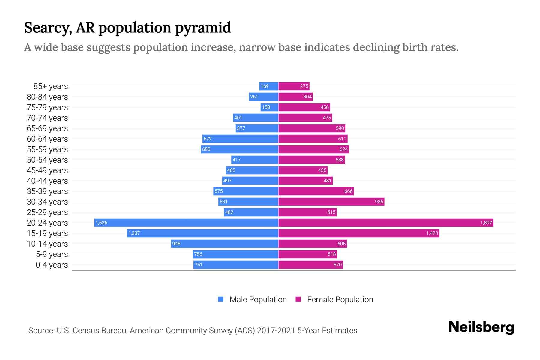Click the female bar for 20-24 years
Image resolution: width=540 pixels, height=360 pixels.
385,223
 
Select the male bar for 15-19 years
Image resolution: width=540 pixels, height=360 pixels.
202,233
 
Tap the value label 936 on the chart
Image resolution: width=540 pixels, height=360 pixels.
379,202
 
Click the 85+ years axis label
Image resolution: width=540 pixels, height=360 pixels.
50,86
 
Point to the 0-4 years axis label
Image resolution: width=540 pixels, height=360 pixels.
52,265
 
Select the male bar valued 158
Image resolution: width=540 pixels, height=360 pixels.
269,107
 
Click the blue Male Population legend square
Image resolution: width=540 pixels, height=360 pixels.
221,299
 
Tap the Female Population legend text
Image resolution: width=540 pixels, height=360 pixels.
340,300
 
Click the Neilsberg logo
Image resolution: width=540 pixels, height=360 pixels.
481,327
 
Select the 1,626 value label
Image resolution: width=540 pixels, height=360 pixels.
101,223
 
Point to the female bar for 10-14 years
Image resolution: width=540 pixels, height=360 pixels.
313,244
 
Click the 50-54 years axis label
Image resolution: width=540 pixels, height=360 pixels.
47,160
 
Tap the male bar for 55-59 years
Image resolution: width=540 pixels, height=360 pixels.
239,149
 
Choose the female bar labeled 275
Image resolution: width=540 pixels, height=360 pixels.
294,86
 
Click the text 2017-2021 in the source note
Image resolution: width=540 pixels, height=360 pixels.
276,331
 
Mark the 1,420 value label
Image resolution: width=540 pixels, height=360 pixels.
432,233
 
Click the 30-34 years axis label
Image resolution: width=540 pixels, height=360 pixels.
47,202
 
